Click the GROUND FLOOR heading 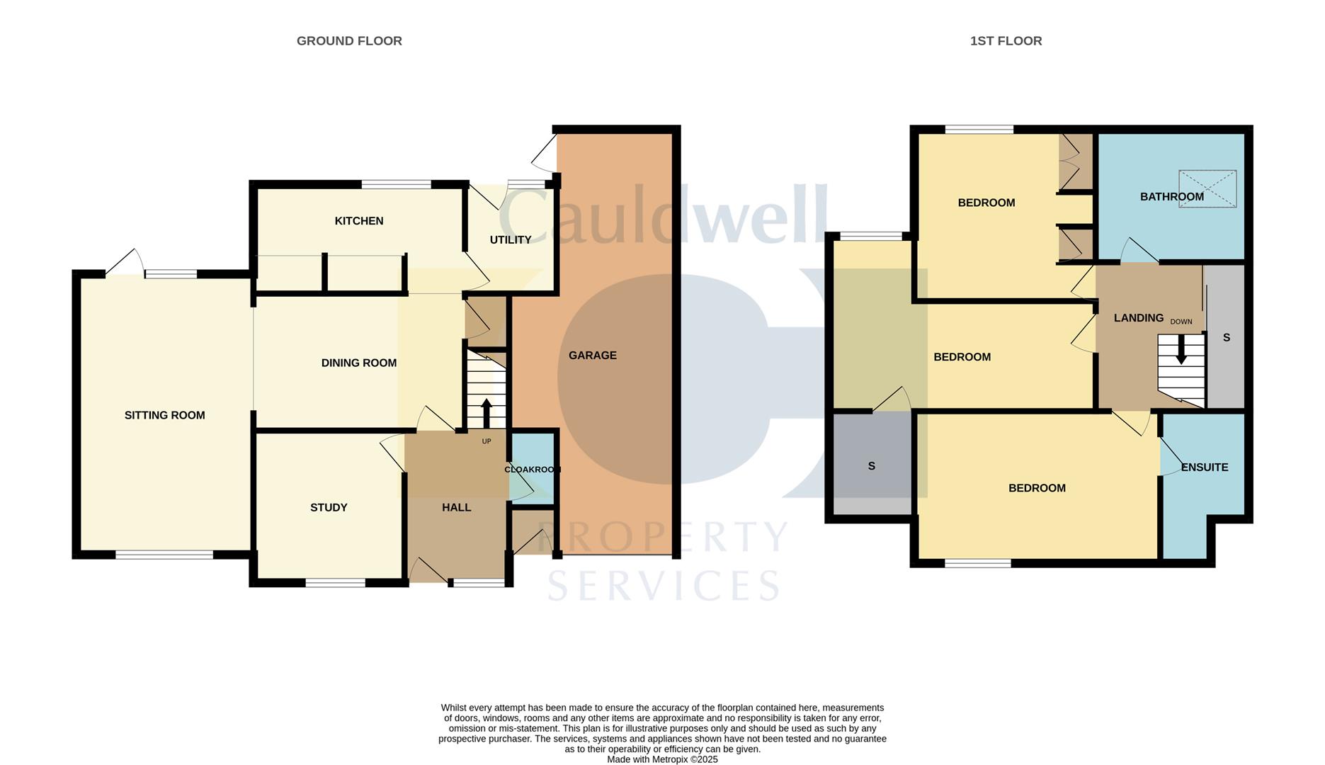click(349, 41)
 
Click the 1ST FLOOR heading click(1006, 41)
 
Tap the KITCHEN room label click(359, 221)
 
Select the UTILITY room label click(511, 240)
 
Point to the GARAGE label click(593, 356)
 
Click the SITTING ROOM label click(165, 416)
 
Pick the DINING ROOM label click(359, 363)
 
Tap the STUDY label click(329, 508)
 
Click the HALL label click(457, 508)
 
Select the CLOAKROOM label click(533, 470)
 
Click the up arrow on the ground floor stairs click(487, 414)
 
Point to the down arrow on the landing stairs click(1181, 350)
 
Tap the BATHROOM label click(1172, 197)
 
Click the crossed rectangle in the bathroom click(1207, 188)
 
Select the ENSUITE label click(1205, 467)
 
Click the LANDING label click(1139, 318)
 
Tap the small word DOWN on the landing click(1181, 322)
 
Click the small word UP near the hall click(487, 441)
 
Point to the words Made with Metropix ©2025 click(662, 759)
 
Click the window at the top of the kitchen click(397, 185)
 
